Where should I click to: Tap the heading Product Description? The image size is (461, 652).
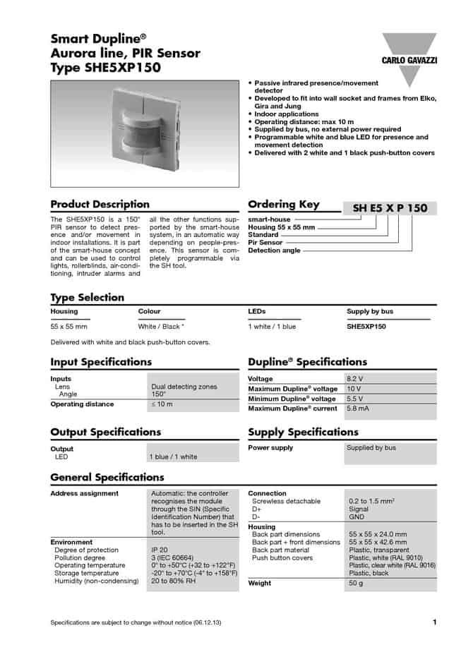[100, 205]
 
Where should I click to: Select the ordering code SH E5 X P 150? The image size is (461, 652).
[390, 208]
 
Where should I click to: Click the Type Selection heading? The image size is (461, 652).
[87, 297]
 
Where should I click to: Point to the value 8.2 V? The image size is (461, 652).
[354, 379]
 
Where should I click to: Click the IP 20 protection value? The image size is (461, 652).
[159, 550]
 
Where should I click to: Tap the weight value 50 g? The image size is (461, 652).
[356, 583]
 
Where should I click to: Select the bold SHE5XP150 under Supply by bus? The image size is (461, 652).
[366, 327]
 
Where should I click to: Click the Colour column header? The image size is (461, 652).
[149, 311]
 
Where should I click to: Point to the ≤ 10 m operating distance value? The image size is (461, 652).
[162, 404]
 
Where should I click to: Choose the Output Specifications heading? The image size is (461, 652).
[105, 432]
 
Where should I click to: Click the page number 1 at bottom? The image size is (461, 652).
[434, 622]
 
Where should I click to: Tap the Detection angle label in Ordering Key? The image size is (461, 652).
[274, 250]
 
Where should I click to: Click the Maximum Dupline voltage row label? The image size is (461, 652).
[292, 389]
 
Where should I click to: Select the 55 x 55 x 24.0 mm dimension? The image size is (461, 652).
[377, 534]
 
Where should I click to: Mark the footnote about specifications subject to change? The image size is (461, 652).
[136, 622]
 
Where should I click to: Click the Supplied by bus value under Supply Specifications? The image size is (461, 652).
[371, 447]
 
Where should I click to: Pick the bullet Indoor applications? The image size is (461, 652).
[286, 114]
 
